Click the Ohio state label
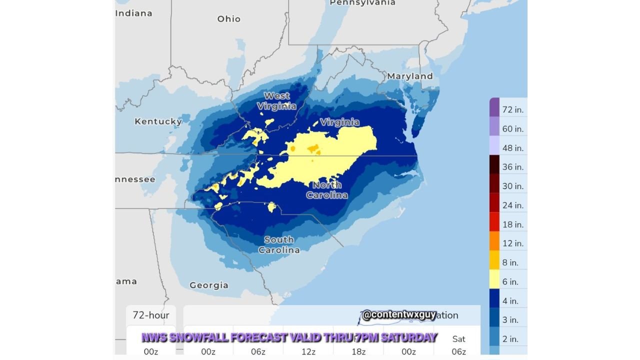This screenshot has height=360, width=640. pyautogui.click(x=228, y=19)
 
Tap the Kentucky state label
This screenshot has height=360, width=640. pyautogui.click(x=158, y=121)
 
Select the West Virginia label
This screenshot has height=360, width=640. pyautogui.click(x=276, y=101)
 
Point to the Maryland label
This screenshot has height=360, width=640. pyautogui.click(x=409, y=76)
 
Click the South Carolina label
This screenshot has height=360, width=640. pyautogui.click(x=279, y=245)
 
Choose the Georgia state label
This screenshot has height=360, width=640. pyautogui.click(x=208, y=285)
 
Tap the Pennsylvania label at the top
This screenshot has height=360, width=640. pyautogui.click(x=362, y=3)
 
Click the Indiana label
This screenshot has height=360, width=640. pyautogui.click(x=134, y=13)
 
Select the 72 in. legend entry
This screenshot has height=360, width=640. pyautogui.click(x=512, y=109)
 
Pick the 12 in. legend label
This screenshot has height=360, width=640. pyautogui.click(x=512, y=243)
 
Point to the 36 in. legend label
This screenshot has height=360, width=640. pyautogui.click(x=512, y=167)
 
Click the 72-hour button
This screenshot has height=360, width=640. pyautogui.click(x=150, y=315)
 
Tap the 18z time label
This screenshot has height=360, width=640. pyautogui.click(x=358, y=351)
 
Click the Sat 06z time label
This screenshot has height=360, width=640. pyautogui.click(x=458, y=345)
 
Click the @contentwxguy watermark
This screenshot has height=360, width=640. pyautogui.click(x=398, y=315)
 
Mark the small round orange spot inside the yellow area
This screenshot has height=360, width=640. pyautogui.click(x=292, y=148)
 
